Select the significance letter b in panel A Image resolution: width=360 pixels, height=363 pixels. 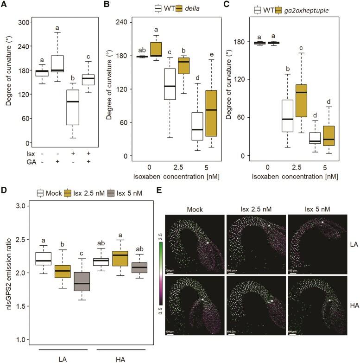[x=72, y=78]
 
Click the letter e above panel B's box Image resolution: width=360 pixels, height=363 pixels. [x=211, y=53]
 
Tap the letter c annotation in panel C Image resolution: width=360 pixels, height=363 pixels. [x=301, y=48]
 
